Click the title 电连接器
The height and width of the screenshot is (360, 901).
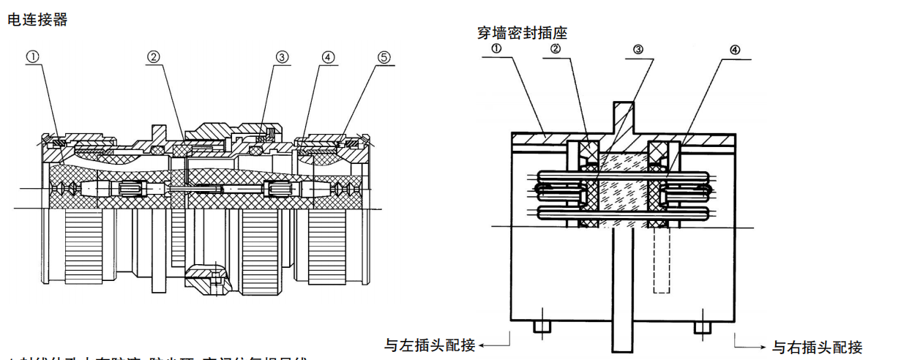click(x=37, y=20)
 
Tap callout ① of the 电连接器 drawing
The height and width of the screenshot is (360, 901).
click(x=33, y=56)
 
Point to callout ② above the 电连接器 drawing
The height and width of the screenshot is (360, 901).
click(x=153, y=56)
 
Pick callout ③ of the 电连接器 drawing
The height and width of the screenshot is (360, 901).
click(x=282, y=56)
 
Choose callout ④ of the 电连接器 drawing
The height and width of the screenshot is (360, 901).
click(x=327, y=56)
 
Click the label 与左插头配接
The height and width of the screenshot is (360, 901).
click(x=430, y=344)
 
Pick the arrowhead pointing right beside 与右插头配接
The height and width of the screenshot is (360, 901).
click(x=764, y=345)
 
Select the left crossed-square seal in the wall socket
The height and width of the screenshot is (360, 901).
click(x=591, y=151)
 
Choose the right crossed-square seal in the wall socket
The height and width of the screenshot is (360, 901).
click(x=662, y=151)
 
